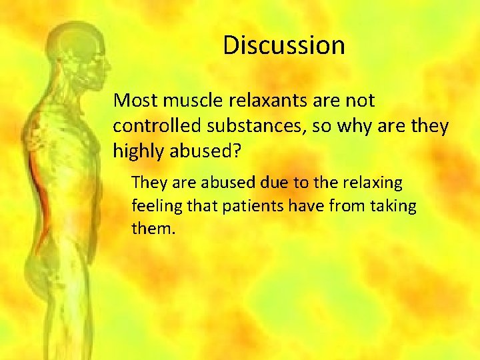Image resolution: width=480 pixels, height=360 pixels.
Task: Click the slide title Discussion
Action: point(283,46)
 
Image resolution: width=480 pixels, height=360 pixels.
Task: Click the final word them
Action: point(152,229)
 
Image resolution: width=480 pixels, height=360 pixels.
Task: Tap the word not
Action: point(361,101)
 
